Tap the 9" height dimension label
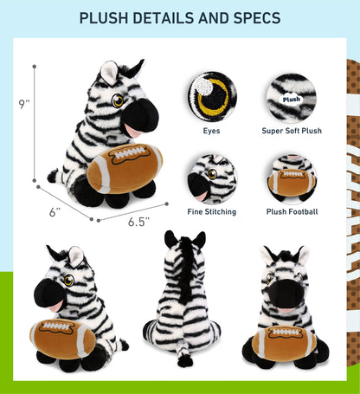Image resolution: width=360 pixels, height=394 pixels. tap(23, 104)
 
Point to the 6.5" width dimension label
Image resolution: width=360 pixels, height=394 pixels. tap(138, 222)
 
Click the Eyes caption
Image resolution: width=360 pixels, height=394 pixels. tap(211, 131)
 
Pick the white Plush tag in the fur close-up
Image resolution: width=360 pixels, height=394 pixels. tap(292, 99)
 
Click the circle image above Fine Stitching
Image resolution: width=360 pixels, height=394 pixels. tap(211, 178)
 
